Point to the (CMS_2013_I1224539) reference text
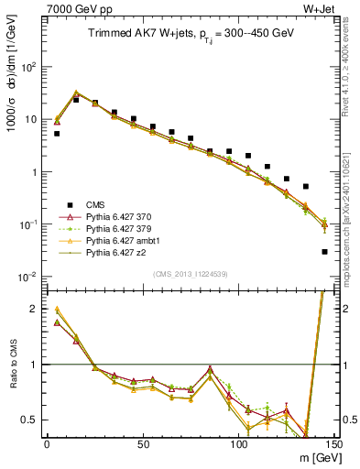(x=190, y=272)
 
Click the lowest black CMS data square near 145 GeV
(x=325, y=252)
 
